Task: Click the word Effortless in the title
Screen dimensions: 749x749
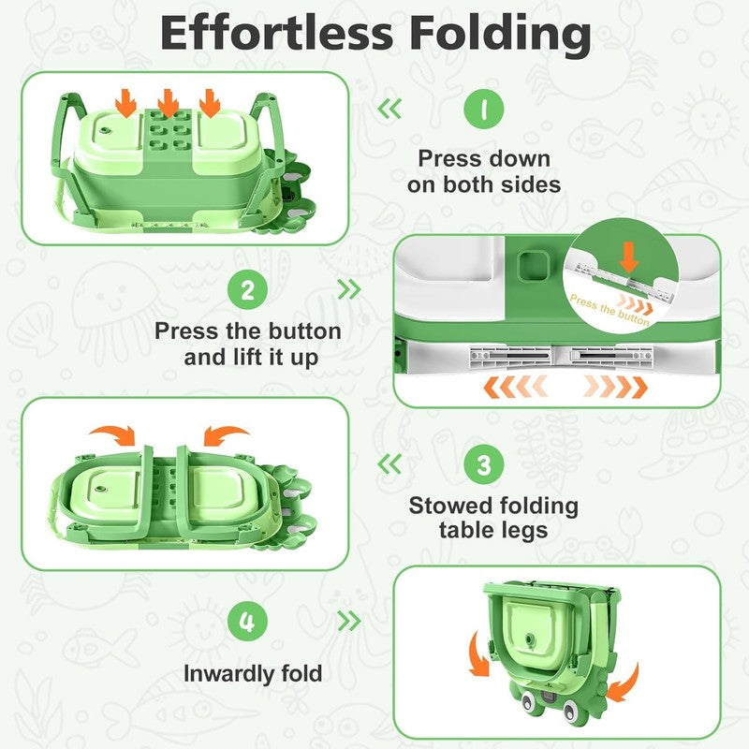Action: pos(277,33)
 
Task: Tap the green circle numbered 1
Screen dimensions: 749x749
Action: pos(483,109)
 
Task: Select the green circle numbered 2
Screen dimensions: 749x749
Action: pos(247,289)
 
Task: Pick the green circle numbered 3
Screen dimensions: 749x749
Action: pos(483,464)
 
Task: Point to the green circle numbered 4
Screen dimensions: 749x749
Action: pos(247,622)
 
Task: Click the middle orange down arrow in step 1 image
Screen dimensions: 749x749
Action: pos(168,103)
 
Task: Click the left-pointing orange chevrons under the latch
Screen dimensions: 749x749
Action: pos(515,387)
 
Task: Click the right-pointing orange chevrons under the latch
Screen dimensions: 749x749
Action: pos(616,387)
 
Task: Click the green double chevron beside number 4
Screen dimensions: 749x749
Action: pos(348,621)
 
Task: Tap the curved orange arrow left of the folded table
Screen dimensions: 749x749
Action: pos(478,655)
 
